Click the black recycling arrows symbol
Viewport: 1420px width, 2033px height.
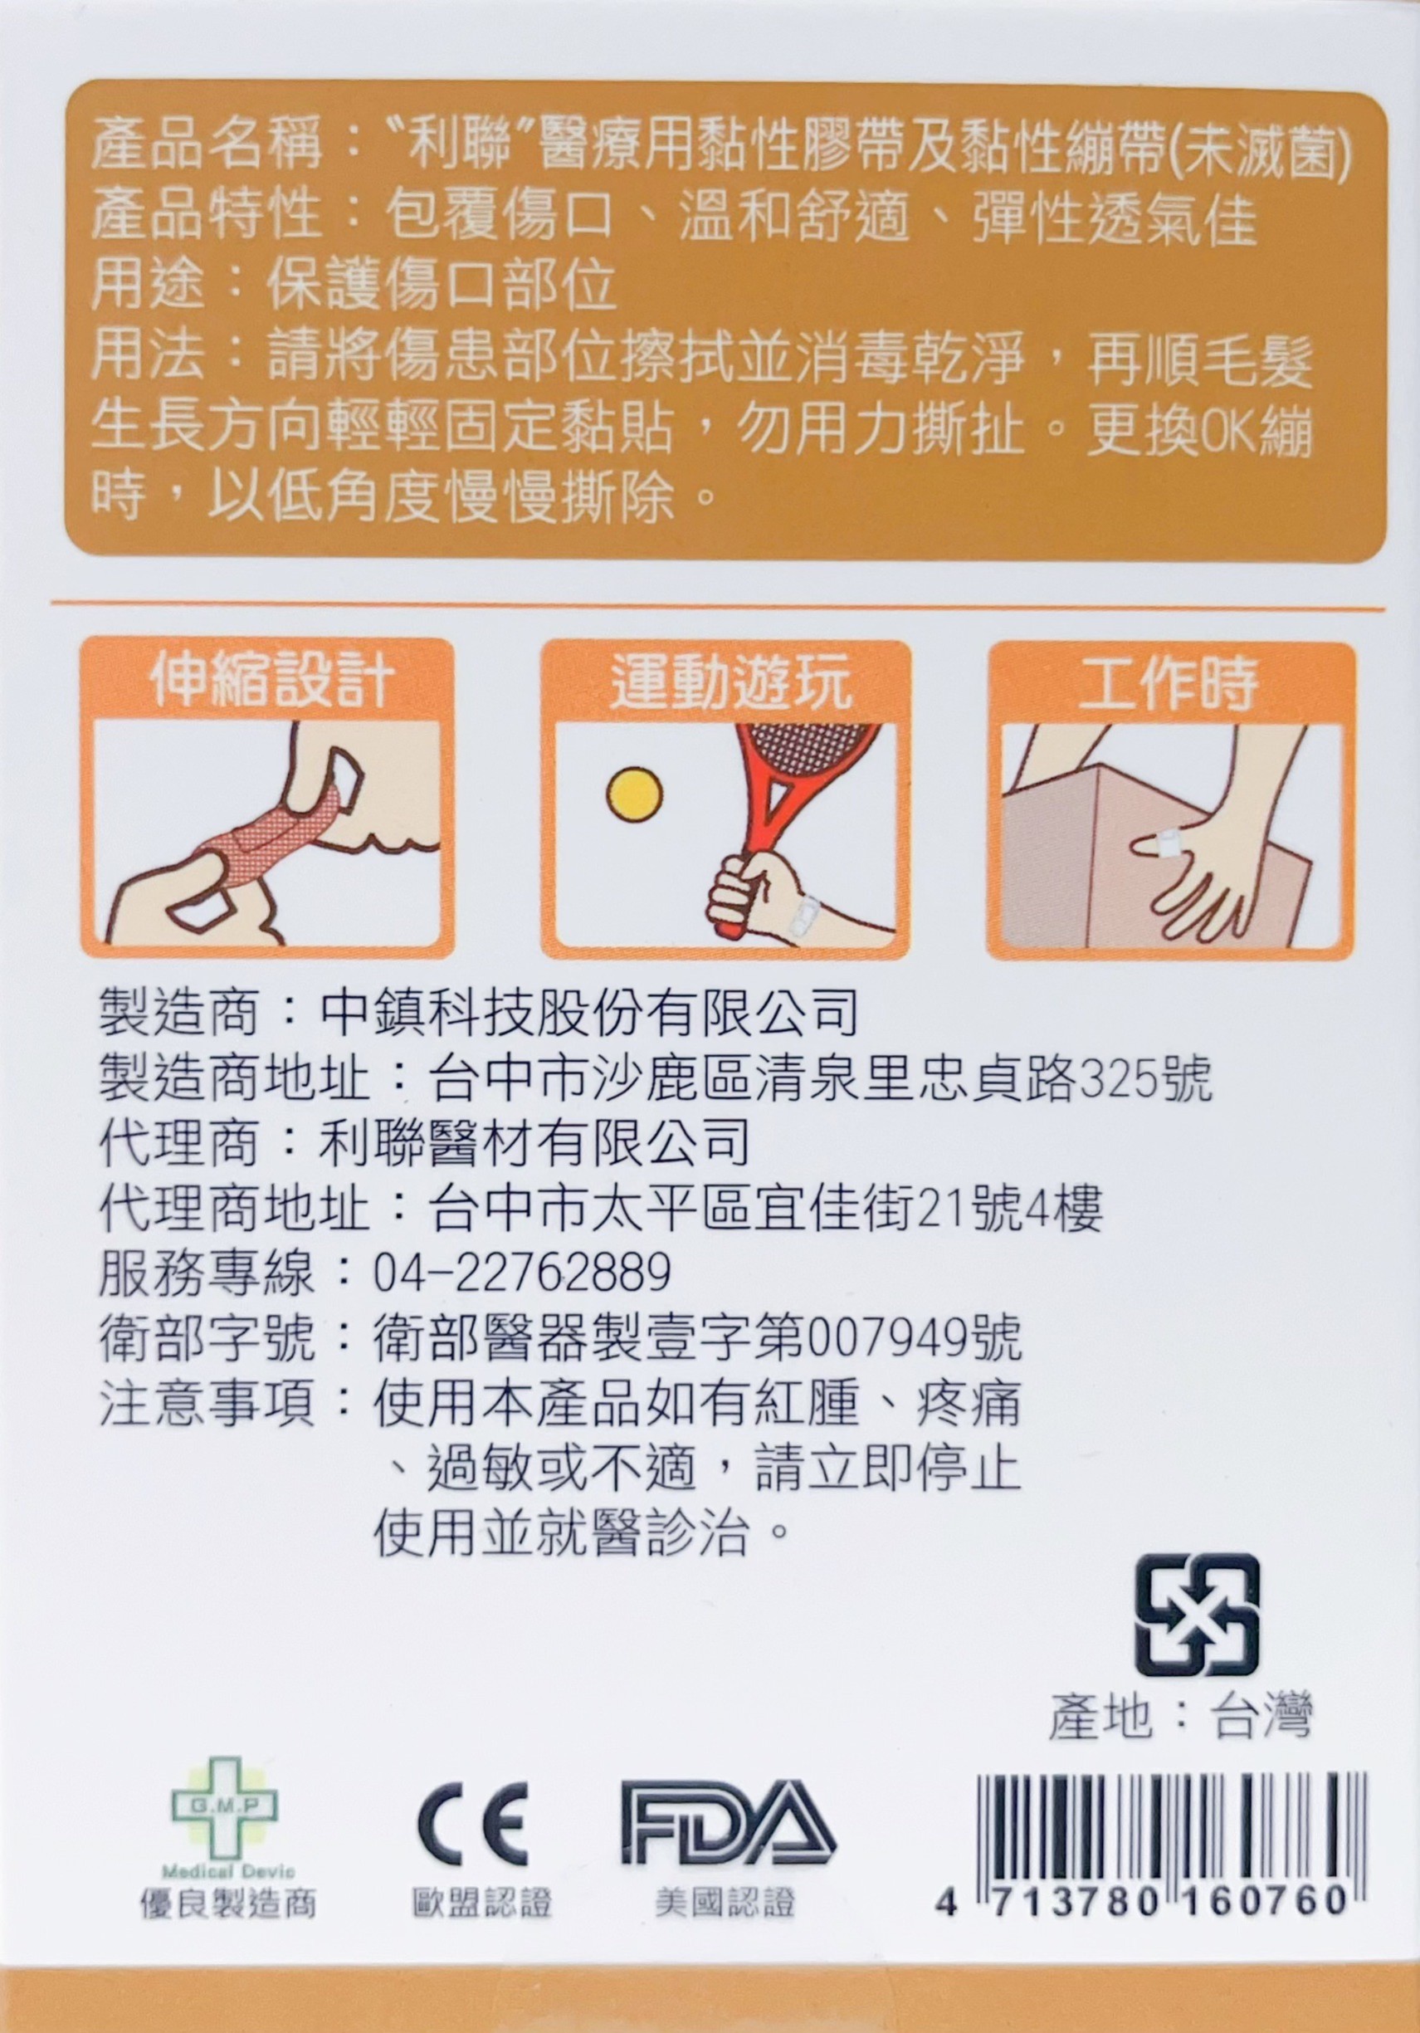coord(1197,1613)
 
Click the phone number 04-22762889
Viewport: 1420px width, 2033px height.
coord(522,1274)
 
